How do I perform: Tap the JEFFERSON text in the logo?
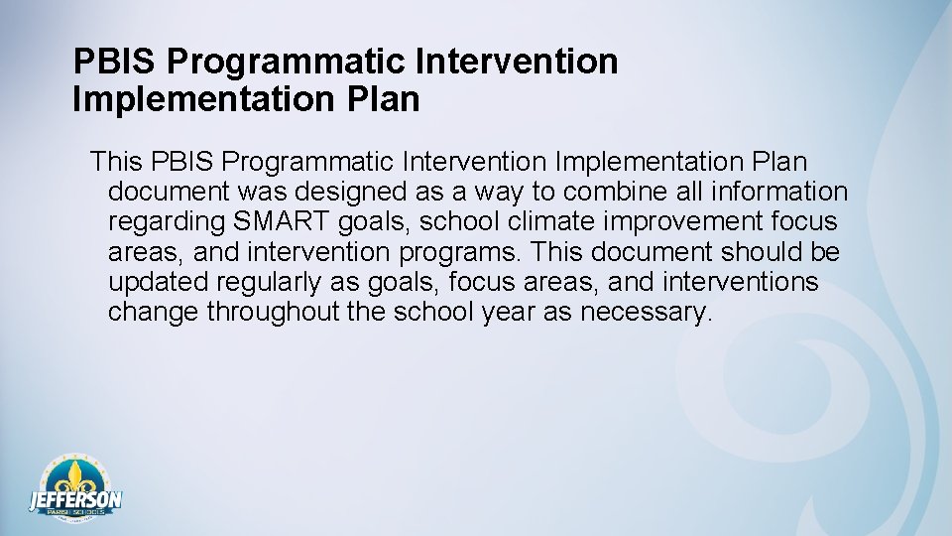pos(75,497)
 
